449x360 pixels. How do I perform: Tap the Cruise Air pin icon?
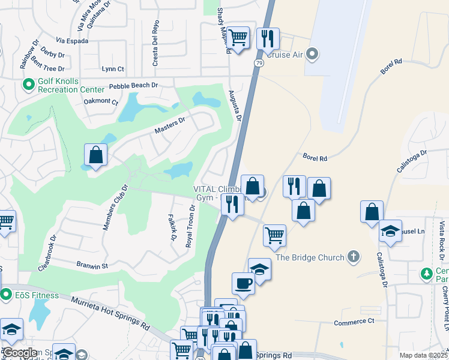(312, 55)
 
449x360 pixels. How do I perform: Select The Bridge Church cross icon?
(354, 257)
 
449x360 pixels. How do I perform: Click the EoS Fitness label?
(37, 295)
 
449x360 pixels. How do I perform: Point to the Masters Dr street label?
(170, 127)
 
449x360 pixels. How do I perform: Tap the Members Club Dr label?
(116, 207)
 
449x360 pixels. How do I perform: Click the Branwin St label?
(91, 265)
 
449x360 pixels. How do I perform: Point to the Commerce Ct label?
(354, 322)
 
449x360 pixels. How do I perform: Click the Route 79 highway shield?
(259, 62)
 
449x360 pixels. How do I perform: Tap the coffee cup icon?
(243, 283)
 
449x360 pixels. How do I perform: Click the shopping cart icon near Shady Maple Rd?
(238, 38)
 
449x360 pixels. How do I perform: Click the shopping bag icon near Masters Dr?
(95, 155)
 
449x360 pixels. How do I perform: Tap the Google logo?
(20, 353)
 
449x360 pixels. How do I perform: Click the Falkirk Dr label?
(172, 227)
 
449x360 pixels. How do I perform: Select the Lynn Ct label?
(113, 69)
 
